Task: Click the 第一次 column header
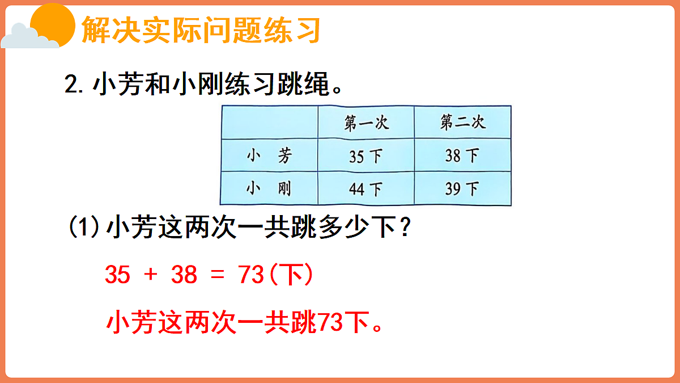coord(366,122)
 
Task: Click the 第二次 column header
coord(462,122)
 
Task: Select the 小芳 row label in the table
coord(269,155)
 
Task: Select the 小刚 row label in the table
coord(269,188)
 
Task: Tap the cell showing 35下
coord(366,155)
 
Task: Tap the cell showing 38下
coord(462,155)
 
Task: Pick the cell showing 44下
coord(366,188)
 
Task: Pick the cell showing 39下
coord(462,188)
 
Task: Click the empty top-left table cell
coord(269,122)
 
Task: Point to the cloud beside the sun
coord(25,38)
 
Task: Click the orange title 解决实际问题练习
coord(201,30)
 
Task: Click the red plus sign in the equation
coord(150,275)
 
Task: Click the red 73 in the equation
coord(252,275)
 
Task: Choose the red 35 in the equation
coord(118,275)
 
